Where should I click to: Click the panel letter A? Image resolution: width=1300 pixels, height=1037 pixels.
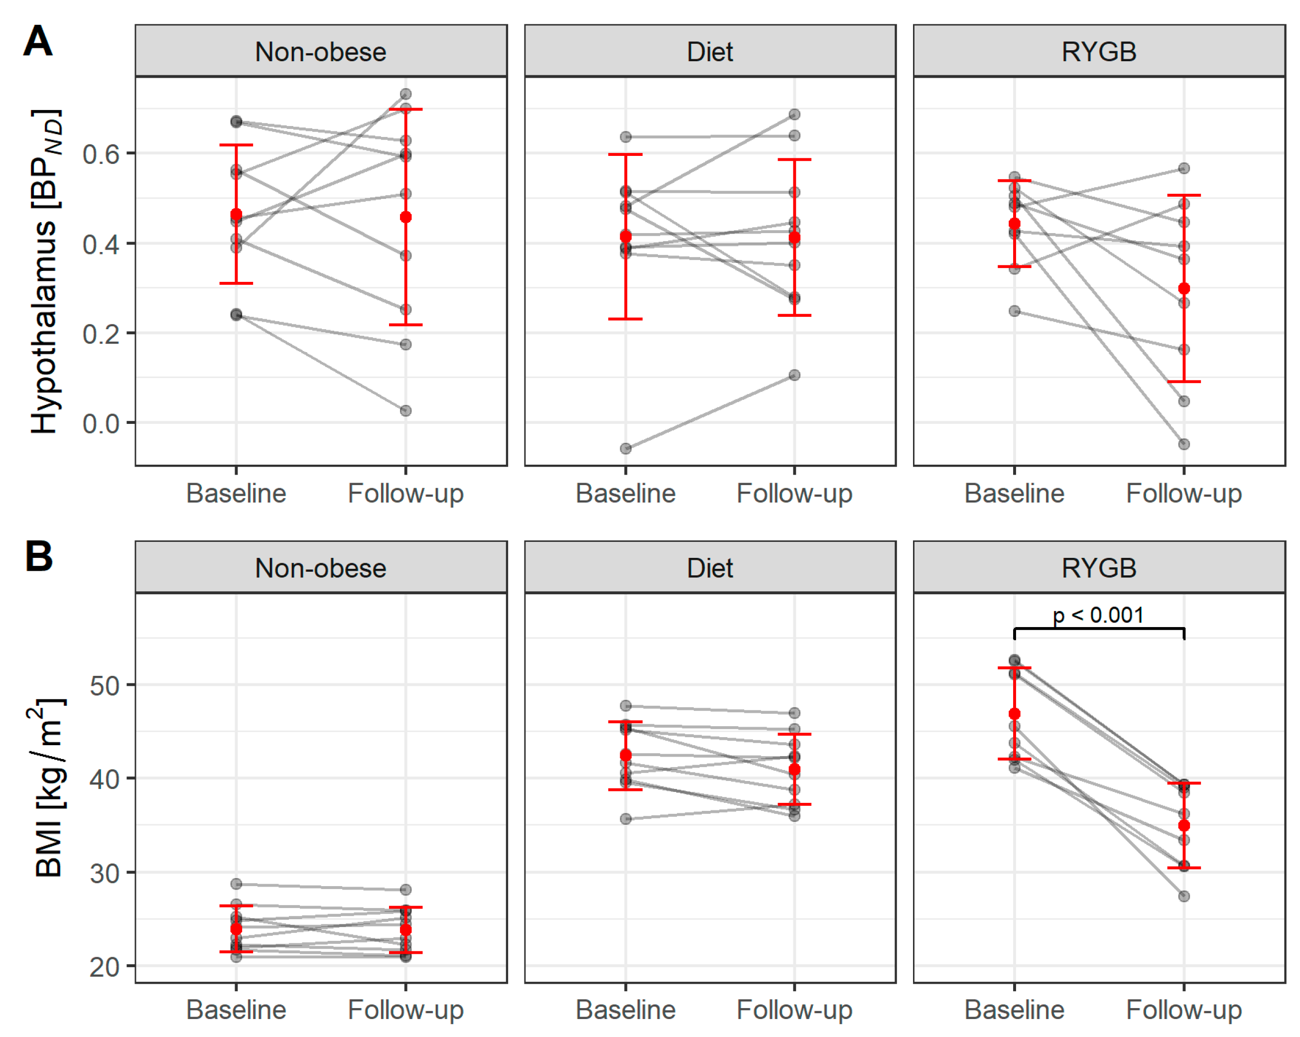(x=37, y=41)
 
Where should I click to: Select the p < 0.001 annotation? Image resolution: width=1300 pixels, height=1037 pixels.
(x=1098, y=616)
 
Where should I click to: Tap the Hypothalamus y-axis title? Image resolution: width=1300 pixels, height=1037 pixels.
(x=46, y=271)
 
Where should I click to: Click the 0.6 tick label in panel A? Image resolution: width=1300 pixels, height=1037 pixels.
(x=101, y=154)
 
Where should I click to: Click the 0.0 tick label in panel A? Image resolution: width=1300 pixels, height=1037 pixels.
(x=101, y=424)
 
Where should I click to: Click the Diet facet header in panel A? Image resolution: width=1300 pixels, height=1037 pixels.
(x=710, y=52)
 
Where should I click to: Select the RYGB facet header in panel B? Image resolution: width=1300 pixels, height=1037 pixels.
(x=1099, y=568)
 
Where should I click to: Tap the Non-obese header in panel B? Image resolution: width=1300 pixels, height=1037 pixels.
(x=321, y=568)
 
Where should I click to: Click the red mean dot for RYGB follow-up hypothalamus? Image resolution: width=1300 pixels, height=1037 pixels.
(x=1183, y=289)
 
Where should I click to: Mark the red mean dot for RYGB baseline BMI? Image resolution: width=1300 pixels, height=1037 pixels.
(x=1014, y=714)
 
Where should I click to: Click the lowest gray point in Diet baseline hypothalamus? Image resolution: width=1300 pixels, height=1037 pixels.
(x=626, y=449)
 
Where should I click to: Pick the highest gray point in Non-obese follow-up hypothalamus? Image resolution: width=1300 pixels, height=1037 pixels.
(x=406, y=94)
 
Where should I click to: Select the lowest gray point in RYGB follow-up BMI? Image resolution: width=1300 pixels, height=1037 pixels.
(x=1183, y=897)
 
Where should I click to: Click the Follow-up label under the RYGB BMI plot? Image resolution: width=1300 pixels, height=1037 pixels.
(x=1183, y=1010)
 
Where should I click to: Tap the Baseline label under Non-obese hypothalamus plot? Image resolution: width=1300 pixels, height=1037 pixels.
(x=237, y=493)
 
